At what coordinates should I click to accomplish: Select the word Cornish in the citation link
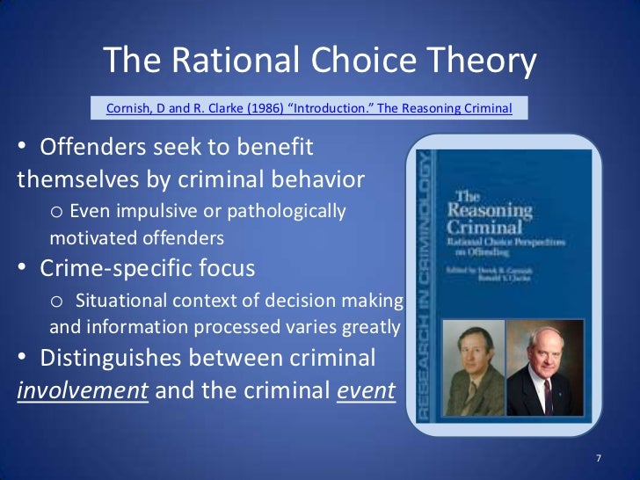[130, 108]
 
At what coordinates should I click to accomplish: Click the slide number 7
[598, 459]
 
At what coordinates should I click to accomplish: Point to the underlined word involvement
[82, 391]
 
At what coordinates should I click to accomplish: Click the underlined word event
[366, 391]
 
